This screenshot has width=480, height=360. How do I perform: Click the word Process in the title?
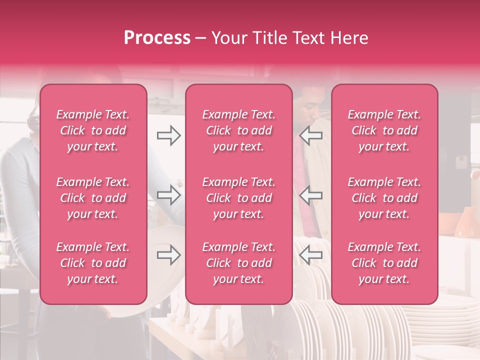[157, 38]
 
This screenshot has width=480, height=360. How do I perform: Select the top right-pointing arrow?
[168, 135]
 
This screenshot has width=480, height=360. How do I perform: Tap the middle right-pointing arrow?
[168, 195]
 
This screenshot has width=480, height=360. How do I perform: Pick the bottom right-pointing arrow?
[168, 255]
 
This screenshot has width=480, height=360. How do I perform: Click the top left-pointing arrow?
[311, 135]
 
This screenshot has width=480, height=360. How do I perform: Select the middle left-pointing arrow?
[311, 195]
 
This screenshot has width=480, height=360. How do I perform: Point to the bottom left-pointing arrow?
[311, 255]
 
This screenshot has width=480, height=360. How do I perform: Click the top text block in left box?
[93, 130]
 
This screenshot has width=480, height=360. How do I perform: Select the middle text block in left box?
[93, 198]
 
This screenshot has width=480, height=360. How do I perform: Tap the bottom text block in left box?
[93, 263]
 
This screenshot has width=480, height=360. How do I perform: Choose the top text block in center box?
[239, 130]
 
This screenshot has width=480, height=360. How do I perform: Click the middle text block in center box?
[239, 198]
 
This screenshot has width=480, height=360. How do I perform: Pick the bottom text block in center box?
[239, 263]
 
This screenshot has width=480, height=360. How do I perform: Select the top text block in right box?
[384, 130]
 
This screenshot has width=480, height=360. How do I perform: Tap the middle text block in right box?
[384, 198]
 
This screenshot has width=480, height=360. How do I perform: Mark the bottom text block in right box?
[384, 263]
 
